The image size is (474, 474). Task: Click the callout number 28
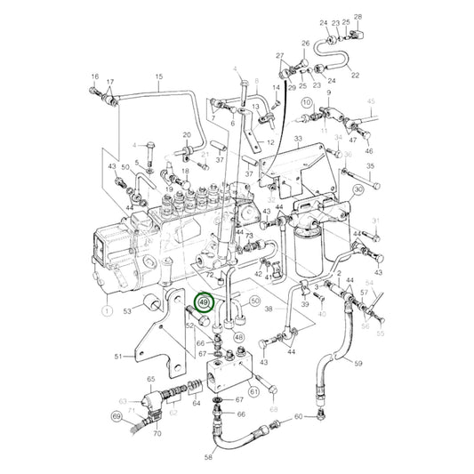click(x=358, y=17)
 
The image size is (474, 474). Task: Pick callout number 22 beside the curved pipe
click(x=355, y=76)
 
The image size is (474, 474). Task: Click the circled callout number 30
click(x=358, y=189)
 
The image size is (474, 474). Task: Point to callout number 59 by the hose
click(x=358, y=363)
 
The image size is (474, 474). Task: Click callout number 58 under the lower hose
click(x=209, y=456)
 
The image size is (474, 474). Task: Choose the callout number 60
click(x=298, y=417)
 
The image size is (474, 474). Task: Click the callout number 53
click(x=128, y=312)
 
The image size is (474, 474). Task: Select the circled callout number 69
click(x=116, y=416)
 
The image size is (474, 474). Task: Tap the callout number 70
click(x=157, y=435)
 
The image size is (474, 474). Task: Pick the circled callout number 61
click(x=253, y=390)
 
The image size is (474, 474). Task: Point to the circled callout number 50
click(x=254, y=302)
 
